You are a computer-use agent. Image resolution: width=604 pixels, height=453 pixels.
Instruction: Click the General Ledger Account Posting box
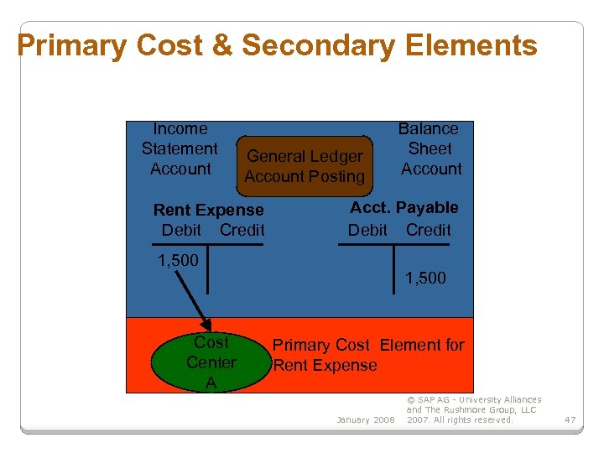pos(305,166)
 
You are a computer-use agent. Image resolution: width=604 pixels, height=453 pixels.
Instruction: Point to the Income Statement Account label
pos(180,149)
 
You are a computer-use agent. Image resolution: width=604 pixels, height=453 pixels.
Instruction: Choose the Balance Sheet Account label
pos(430,149)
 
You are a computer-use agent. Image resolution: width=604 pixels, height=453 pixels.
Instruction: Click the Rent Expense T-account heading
pos(208,210)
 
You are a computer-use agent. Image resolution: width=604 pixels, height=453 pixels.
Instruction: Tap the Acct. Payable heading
pos(404,207)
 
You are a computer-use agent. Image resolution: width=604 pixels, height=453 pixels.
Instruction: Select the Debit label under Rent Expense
pos(181,230)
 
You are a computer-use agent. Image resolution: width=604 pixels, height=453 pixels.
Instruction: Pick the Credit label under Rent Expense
pos(242,230)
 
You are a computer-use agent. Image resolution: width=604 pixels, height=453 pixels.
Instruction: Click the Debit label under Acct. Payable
pos(367,230)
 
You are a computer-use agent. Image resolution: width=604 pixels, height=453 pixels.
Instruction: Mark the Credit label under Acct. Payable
pos(428,230)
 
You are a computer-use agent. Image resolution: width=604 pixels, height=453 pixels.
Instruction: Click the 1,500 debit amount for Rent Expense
pos(178,260)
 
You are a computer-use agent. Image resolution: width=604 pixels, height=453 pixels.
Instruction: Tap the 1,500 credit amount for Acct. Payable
pos(425,278)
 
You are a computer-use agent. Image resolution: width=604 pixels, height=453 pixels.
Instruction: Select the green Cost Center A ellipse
pos(211,362)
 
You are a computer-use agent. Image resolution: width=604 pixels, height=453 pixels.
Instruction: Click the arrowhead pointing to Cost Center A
pos(204,327)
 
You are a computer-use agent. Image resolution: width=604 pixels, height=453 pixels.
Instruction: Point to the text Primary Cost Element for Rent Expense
pos(367,355)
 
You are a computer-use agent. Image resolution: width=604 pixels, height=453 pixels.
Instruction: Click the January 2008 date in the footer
pos(365,419)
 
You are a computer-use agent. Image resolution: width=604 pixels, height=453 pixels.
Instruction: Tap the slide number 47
pos(570,419)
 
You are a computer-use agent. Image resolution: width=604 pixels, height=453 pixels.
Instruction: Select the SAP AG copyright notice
pos(474,409)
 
